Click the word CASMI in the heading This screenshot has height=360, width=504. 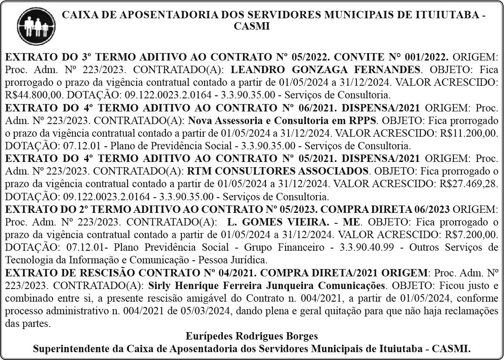(252, 27)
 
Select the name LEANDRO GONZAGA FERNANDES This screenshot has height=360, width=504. (326, 70)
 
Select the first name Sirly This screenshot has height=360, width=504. (160, 286)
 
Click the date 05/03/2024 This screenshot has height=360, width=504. (192, 311)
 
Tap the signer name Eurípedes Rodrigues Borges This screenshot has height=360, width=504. (252, 336)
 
